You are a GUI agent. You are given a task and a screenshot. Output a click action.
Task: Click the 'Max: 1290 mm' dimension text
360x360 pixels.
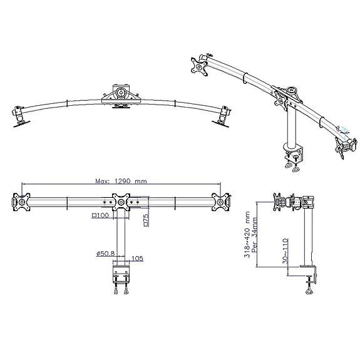pyautogui.click(x=121, y=181)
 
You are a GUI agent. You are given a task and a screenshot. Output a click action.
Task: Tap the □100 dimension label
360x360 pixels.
pyautogui.click(x=100, y=215)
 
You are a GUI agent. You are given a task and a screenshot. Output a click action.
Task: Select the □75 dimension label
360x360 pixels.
pyautogui.click(x=146, y=220)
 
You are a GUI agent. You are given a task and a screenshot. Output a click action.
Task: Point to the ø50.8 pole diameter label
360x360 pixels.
pyautogui.click(x=106, y=254)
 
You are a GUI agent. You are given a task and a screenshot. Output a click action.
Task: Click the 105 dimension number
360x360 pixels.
pyautogui.click(x=137, y=259)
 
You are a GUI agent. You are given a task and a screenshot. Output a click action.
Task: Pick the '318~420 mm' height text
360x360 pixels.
pyautogui.click(x=247, y=234)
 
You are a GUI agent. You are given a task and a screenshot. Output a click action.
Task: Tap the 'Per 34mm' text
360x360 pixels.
pyautogui.click(x=255, y=235)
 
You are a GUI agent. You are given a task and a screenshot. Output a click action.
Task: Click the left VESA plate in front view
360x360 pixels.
pyautogui.click(x=21, y=202)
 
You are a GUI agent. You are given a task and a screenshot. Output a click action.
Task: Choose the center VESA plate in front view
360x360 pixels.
pyautogui.click(x=121, y=202)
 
